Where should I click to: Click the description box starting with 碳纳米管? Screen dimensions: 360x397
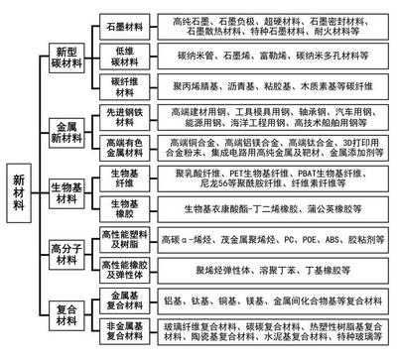273,58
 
